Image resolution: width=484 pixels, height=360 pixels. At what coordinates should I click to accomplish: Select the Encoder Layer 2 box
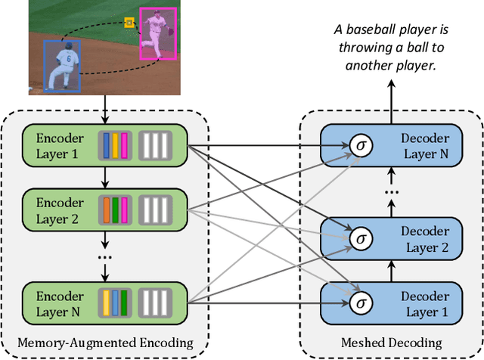click(106, 209)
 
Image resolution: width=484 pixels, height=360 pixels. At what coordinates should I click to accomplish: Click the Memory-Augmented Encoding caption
click(106, 343)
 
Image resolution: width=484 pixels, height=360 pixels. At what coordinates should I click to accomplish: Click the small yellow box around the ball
click(129, 23)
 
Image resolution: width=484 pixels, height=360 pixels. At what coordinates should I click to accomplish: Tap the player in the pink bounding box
click(157, 33)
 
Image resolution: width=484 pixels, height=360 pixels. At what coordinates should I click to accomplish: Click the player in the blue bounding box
click(62, 66)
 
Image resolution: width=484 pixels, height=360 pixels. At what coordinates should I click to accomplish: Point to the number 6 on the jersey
click(67, 57)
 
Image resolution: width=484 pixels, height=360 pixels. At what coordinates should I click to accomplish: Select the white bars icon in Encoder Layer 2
click(155, 209)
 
